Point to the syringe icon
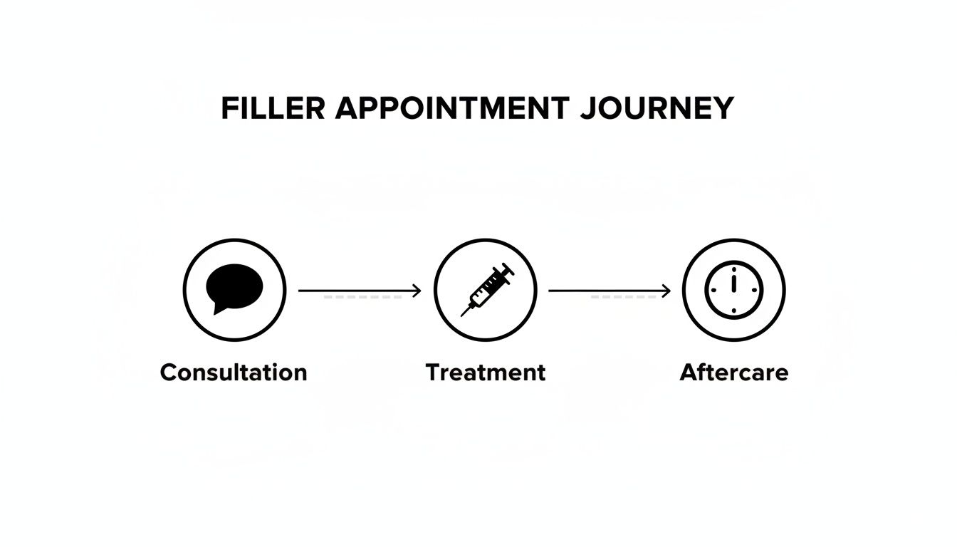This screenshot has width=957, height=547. (x=486, y=289)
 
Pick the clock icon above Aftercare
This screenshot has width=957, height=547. (x=733, y=290)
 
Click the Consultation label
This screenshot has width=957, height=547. (x=234, y=373)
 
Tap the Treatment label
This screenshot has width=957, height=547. (x=486, y=373)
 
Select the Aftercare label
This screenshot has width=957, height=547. (x=734, y=373)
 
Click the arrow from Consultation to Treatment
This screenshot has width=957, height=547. (x=360, y=291)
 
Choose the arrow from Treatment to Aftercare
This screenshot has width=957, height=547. (x=610, y=291)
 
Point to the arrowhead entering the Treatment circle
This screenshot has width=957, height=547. (x=417, y=291)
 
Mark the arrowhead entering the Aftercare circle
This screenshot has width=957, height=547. (x=666, y=291)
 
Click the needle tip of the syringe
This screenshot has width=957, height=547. (x=463, y=314)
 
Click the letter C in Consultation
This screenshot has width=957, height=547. (x=169, y=373)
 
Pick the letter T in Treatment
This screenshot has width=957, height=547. (x=432, y=373)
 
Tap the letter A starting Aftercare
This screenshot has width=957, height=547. (x=689, y=373)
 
